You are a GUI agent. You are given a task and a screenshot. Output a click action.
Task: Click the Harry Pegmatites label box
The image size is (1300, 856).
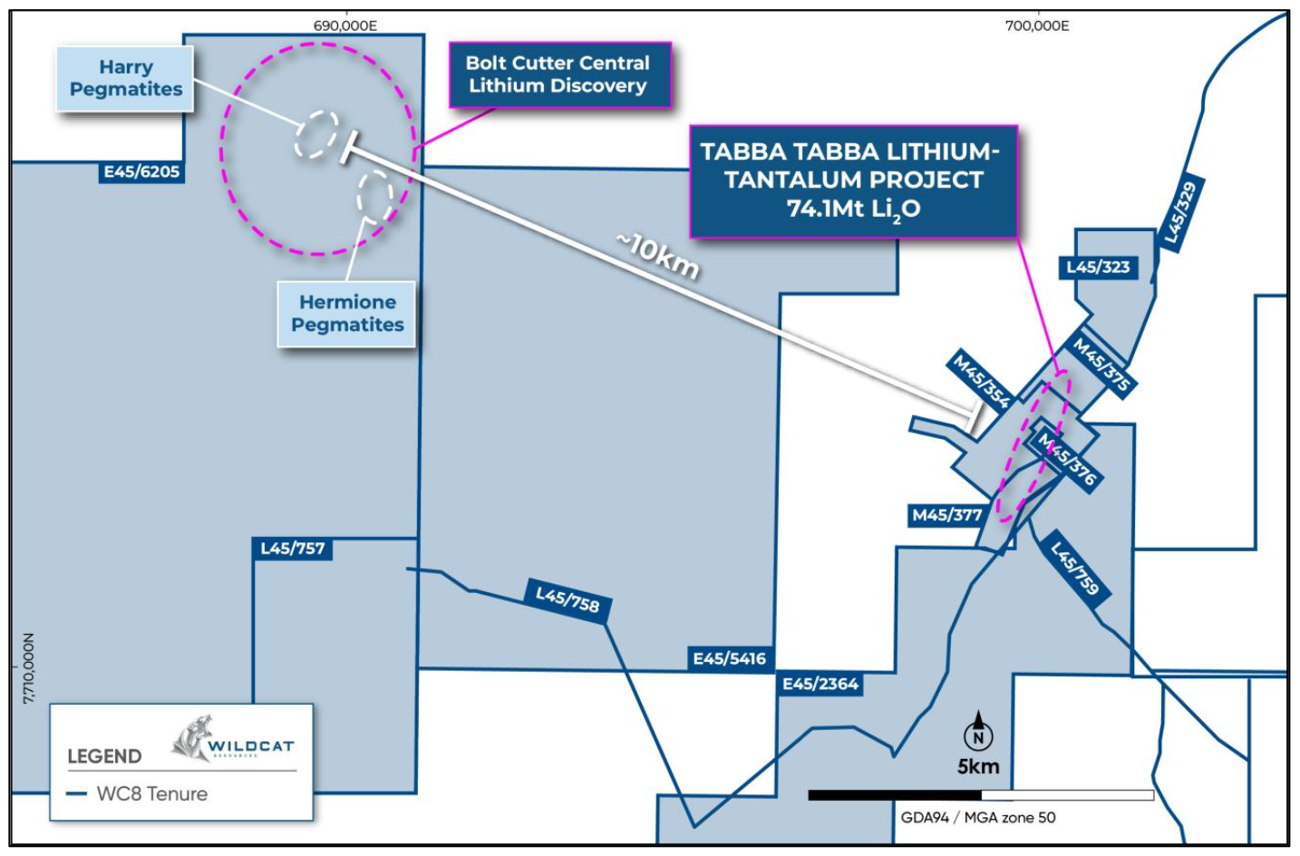click(x=125, y=79)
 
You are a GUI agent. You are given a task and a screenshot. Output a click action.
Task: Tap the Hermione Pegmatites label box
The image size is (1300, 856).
click(x=346, y=314)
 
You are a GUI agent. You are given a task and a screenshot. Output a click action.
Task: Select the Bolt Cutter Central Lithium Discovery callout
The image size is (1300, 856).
click(x=559, y=75)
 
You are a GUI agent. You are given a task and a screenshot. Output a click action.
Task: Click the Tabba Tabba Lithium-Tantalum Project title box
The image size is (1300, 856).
click(x=853, y=181)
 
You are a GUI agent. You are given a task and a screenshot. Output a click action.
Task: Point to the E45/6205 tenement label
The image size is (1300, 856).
click(x=141, y=172)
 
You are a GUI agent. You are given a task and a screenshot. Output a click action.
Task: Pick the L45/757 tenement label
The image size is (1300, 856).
click(x=292, y=549)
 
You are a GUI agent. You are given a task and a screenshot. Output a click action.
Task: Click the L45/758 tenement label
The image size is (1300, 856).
click(x=568, y=599)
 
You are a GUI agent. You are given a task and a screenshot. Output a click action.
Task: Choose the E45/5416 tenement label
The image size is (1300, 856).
click(x=729, y=659)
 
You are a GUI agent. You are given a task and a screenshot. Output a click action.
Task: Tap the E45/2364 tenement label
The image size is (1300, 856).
click(x=820, y=684)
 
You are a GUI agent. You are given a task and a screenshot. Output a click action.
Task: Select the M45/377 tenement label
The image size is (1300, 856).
click(x=946, y=515)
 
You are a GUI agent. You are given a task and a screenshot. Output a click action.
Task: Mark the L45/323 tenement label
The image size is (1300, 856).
click(x=1098, y=267)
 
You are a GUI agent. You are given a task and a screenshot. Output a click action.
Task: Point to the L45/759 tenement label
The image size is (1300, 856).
click(x=1074, y=568)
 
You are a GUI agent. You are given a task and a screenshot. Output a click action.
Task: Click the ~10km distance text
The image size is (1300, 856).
click(x=657, y=256)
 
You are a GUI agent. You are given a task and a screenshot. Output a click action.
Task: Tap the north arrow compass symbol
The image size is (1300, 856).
click(x=978, y=732)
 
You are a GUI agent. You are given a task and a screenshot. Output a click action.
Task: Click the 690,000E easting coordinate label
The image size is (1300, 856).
click(x=344, y=25)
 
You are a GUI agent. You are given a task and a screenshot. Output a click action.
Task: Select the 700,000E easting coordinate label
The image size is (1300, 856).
click(x=1036, y=25)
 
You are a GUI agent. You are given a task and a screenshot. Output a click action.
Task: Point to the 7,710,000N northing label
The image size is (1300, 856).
click(x=28, y=668)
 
